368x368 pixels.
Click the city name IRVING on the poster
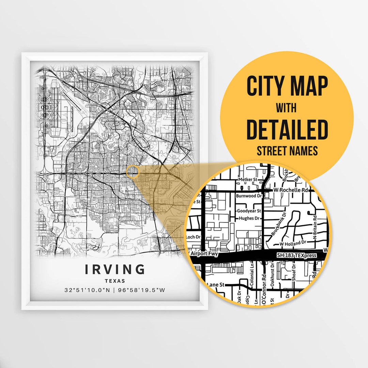115,269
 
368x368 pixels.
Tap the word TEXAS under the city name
115,281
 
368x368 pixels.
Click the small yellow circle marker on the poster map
133,172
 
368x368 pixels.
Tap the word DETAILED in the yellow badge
287,129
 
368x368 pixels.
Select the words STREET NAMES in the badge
287,151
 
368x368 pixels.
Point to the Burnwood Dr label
249,196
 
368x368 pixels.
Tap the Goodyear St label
249,211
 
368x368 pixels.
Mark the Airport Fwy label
204,254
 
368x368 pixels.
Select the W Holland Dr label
293,244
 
